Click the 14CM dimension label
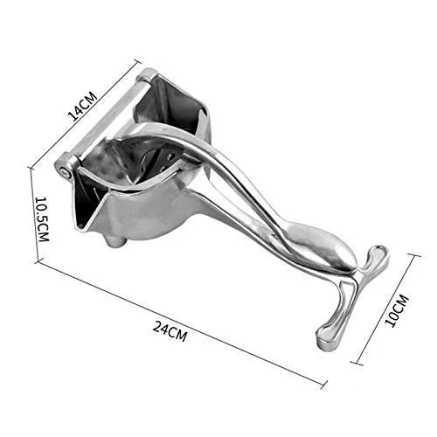[x=82, y=106]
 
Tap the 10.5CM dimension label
[x=42, y=219]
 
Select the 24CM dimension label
[x=170, y=331]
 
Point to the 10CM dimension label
[x=397, y=310]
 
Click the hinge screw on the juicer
[x=67, y=172]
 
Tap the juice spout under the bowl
[x=115, y=241]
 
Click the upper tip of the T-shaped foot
[x=379, y=250]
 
